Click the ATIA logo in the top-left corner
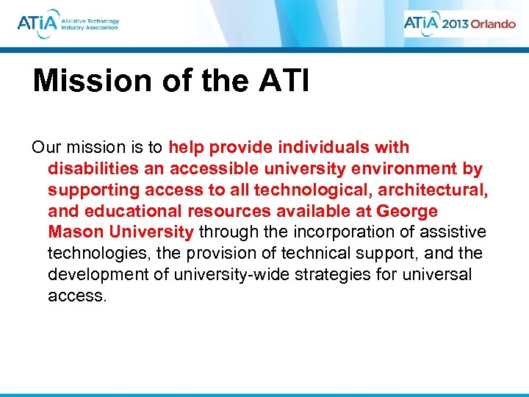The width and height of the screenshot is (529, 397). pyautogui.click(x=68, y=23)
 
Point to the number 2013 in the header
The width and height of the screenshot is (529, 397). pyautogui.click(x=454, y=24)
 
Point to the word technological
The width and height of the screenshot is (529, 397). pyautogui.click(x=313, y=190)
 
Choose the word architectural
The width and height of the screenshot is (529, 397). pyautogui.click(x=438, y=190)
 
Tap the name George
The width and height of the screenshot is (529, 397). pyautogui.click(x=407, y=211)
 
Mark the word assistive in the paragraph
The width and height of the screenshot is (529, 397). pyautogui.click(x=453, y=232)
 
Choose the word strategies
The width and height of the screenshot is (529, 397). pyautogui.click(x=332, y=275)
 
